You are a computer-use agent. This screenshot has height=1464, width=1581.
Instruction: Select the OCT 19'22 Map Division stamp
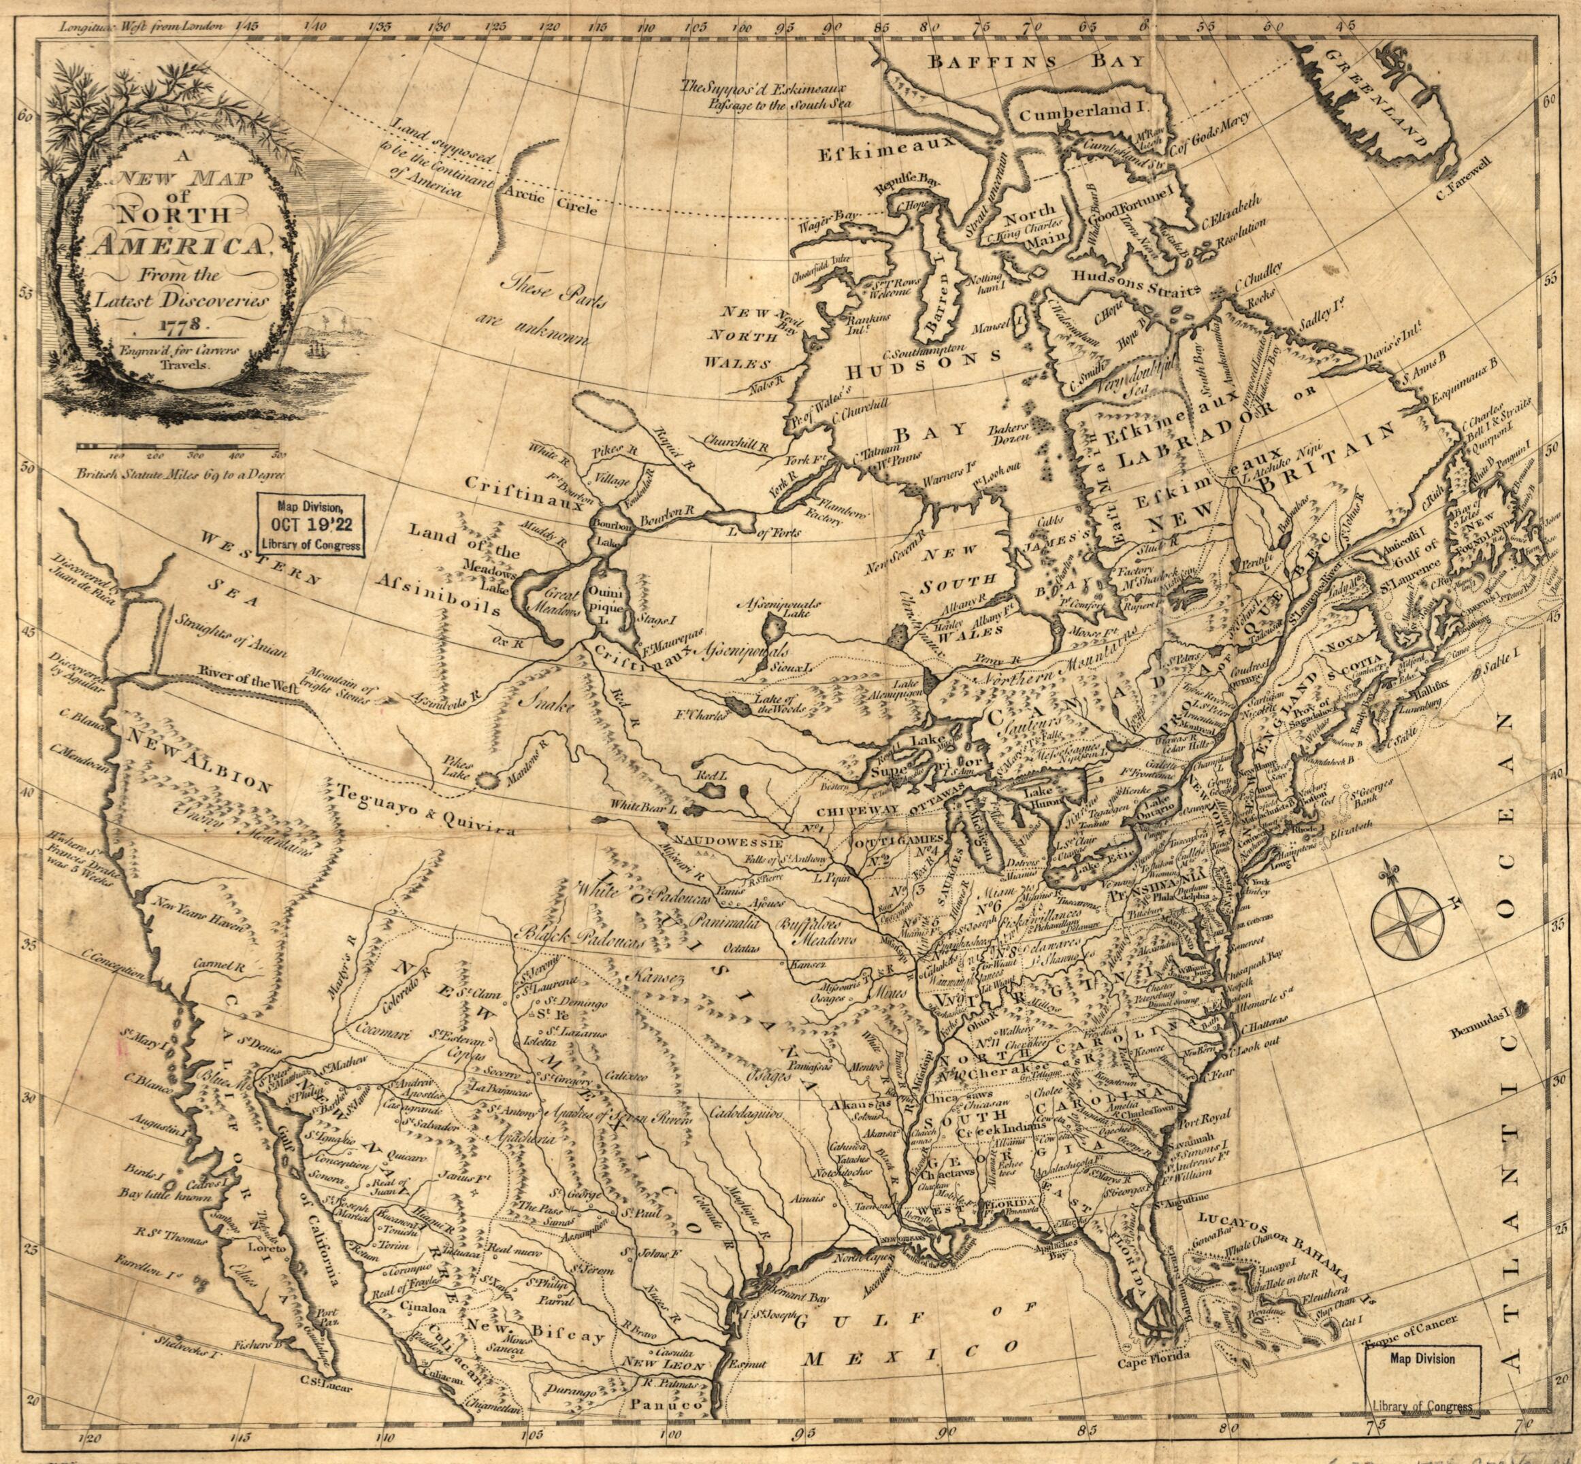point(310,525)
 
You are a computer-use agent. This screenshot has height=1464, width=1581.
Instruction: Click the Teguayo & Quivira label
point(425,810)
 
